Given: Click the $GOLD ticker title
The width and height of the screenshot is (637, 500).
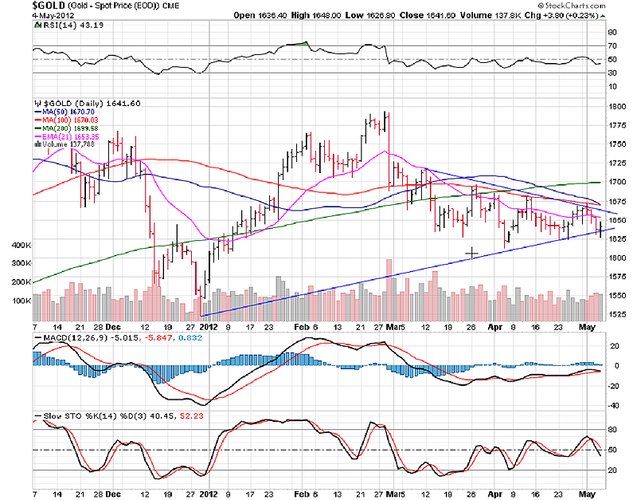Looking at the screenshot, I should (x=17, y=5).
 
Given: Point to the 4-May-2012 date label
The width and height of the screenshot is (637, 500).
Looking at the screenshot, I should (x=18, y=15).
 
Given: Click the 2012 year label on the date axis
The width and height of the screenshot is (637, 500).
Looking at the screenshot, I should (x=208, y=325).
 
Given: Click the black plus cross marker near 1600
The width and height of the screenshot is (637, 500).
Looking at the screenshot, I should (x=471, y=254).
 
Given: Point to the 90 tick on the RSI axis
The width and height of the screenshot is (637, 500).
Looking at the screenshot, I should (x=613, y=33).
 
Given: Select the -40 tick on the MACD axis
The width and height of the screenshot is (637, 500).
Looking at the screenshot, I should (x=614, y=405).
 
